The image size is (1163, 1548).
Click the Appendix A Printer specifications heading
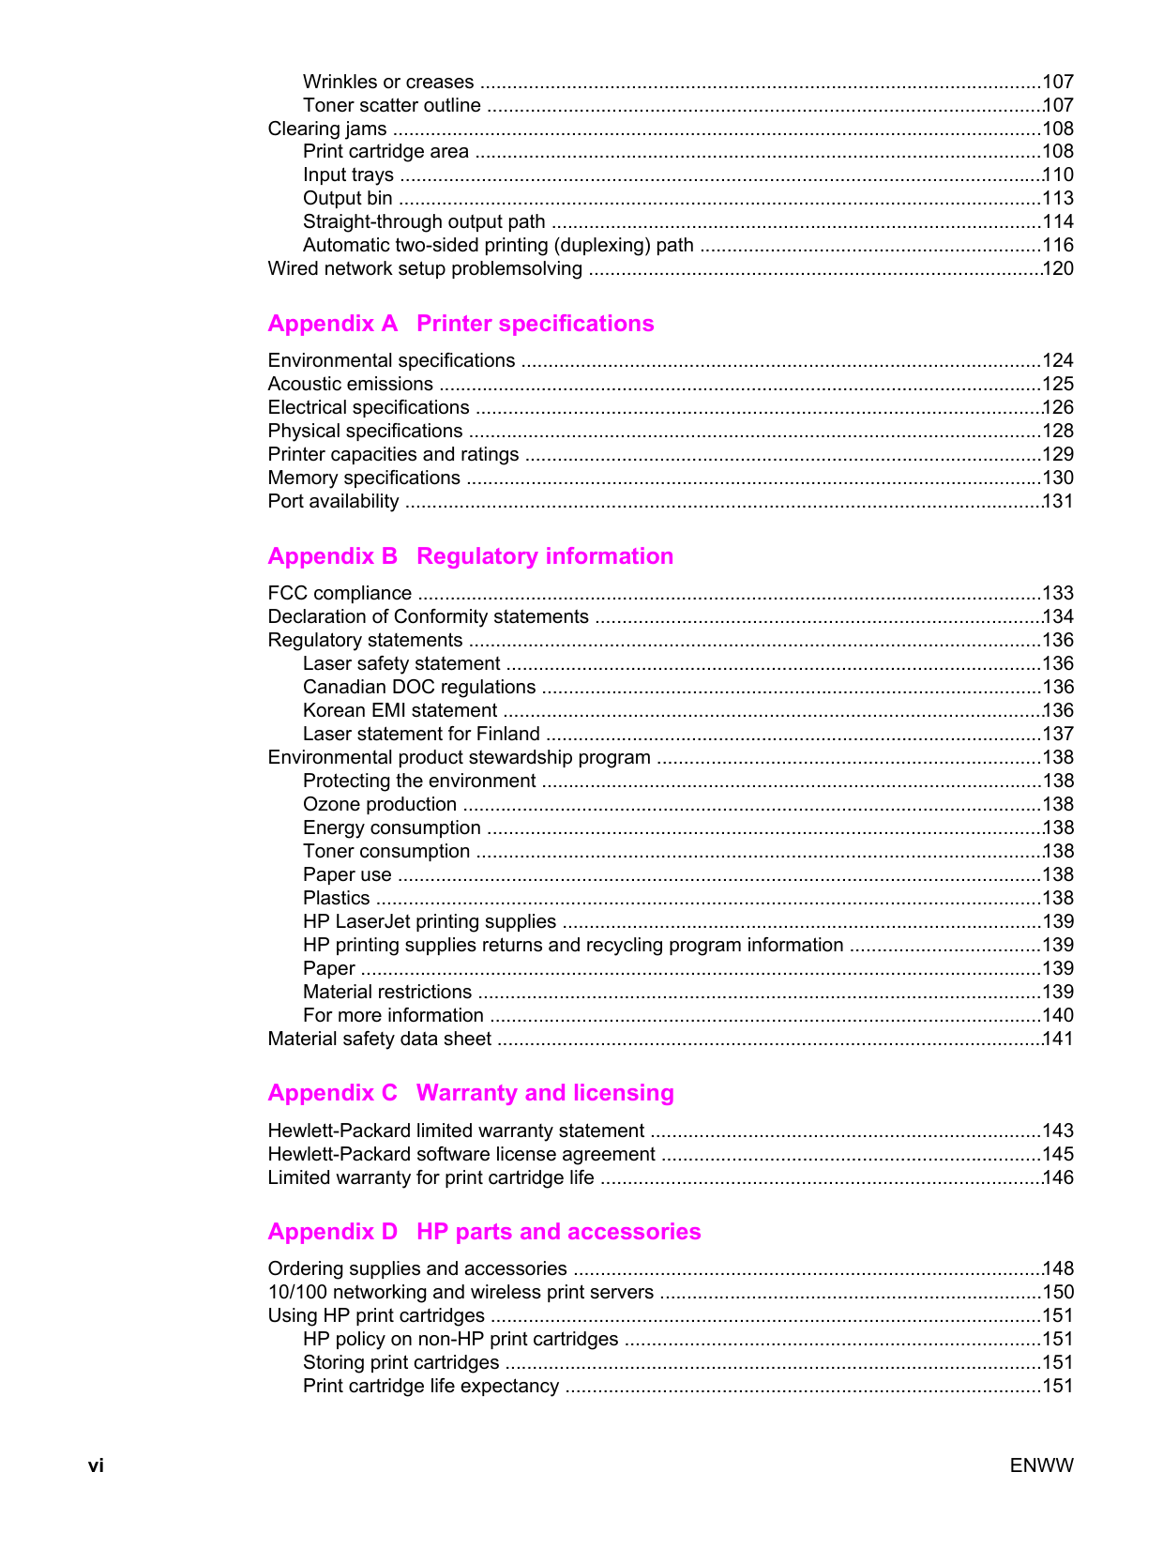[461, 324]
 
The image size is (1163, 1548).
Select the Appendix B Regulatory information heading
[470, 556]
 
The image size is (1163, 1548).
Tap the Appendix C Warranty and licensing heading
[470, 1093]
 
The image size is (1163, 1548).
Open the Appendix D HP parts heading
[484, 1232]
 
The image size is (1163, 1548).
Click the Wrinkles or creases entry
[388, 82]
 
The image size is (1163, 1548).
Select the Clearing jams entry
[327, 129]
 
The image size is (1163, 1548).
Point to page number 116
[1058, 245]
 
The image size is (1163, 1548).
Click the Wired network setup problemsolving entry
[425, 268]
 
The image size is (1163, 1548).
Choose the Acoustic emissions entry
[350, 384]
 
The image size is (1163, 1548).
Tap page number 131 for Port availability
[1058, 501]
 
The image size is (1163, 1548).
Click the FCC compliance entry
[340, 593]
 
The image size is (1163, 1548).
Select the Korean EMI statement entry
[400, 710]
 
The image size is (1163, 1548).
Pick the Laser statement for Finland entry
[421, 734]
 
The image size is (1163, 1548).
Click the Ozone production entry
[380, 804]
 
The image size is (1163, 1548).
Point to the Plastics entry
[336, 898]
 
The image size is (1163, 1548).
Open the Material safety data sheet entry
[379, 1039]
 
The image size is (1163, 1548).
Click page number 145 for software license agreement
[1058, 1154]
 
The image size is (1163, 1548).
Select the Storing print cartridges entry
[400, 1362]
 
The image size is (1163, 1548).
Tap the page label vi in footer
[96, 1465]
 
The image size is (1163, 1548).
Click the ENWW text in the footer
[1041, 1465]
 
